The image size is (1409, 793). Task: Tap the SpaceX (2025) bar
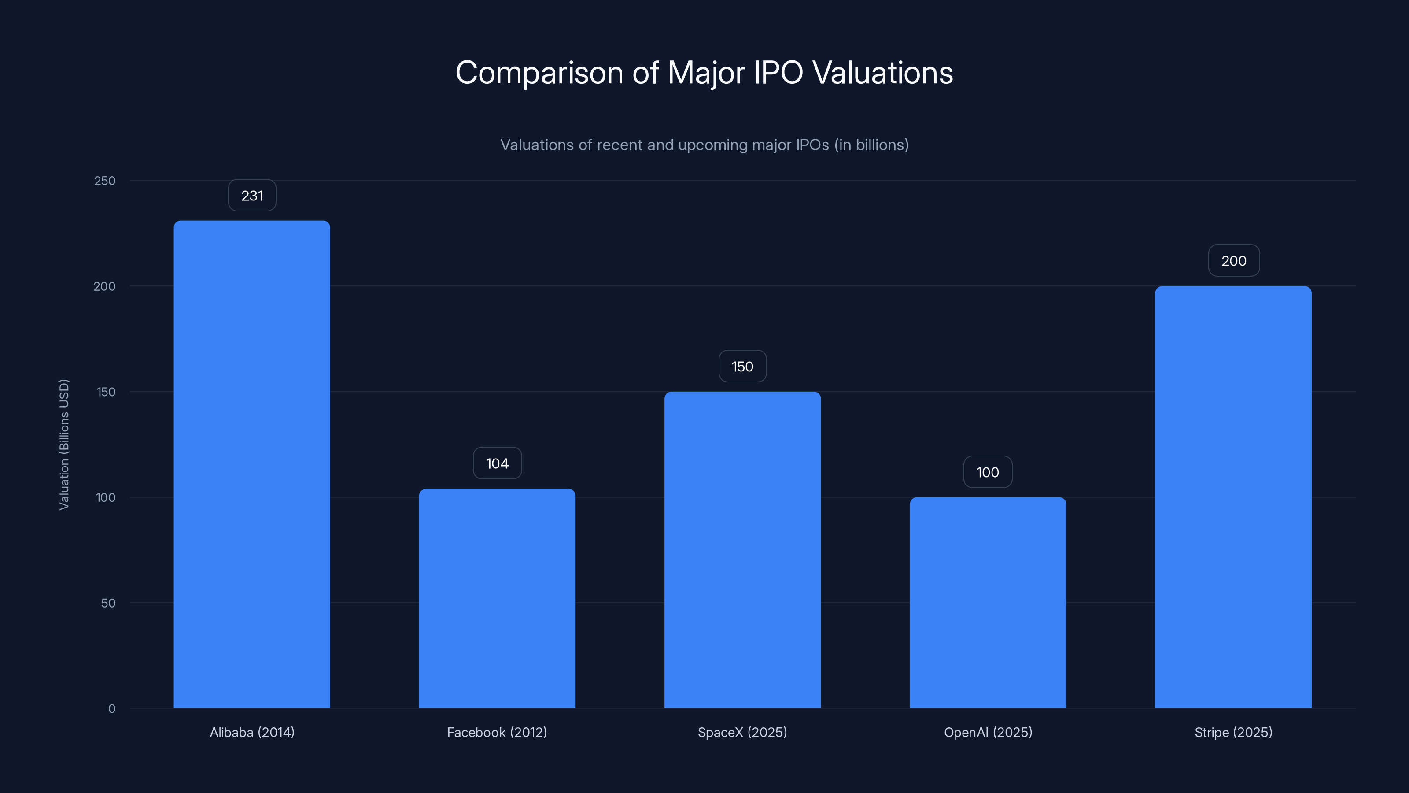point(742,549)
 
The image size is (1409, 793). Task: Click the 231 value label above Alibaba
point(252,195)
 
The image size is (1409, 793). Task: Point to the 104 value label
point(497,463)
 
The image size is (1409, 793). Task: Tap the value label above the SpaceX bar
point(742,366)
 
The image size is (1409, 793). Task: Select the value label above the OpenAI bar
point(988,472)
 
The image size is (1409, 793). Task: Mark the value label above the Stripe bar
point(1234,260)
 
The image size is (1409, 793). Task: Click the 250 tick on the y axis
point(105,181)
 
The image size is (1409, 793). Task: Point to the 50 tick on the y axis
point(108,603)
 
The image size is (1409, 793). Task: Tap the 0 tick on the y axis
point(111,709)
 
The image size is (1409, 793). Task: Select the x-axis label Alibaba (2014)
point(252,732)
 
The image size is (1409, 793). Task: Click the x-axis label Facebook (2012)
point(497,732)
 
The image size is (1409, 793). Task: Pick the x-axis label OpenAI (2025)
point(988,732)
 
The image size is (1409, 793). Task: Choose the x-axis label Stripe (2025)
point(1233,732)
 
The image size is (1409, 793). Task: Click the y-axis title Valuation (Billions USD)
point(64,445)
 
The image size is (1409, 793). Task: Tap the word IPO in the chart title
point(778,73)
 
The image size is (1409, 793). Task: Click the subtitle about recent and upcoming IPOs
point(704,145)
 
